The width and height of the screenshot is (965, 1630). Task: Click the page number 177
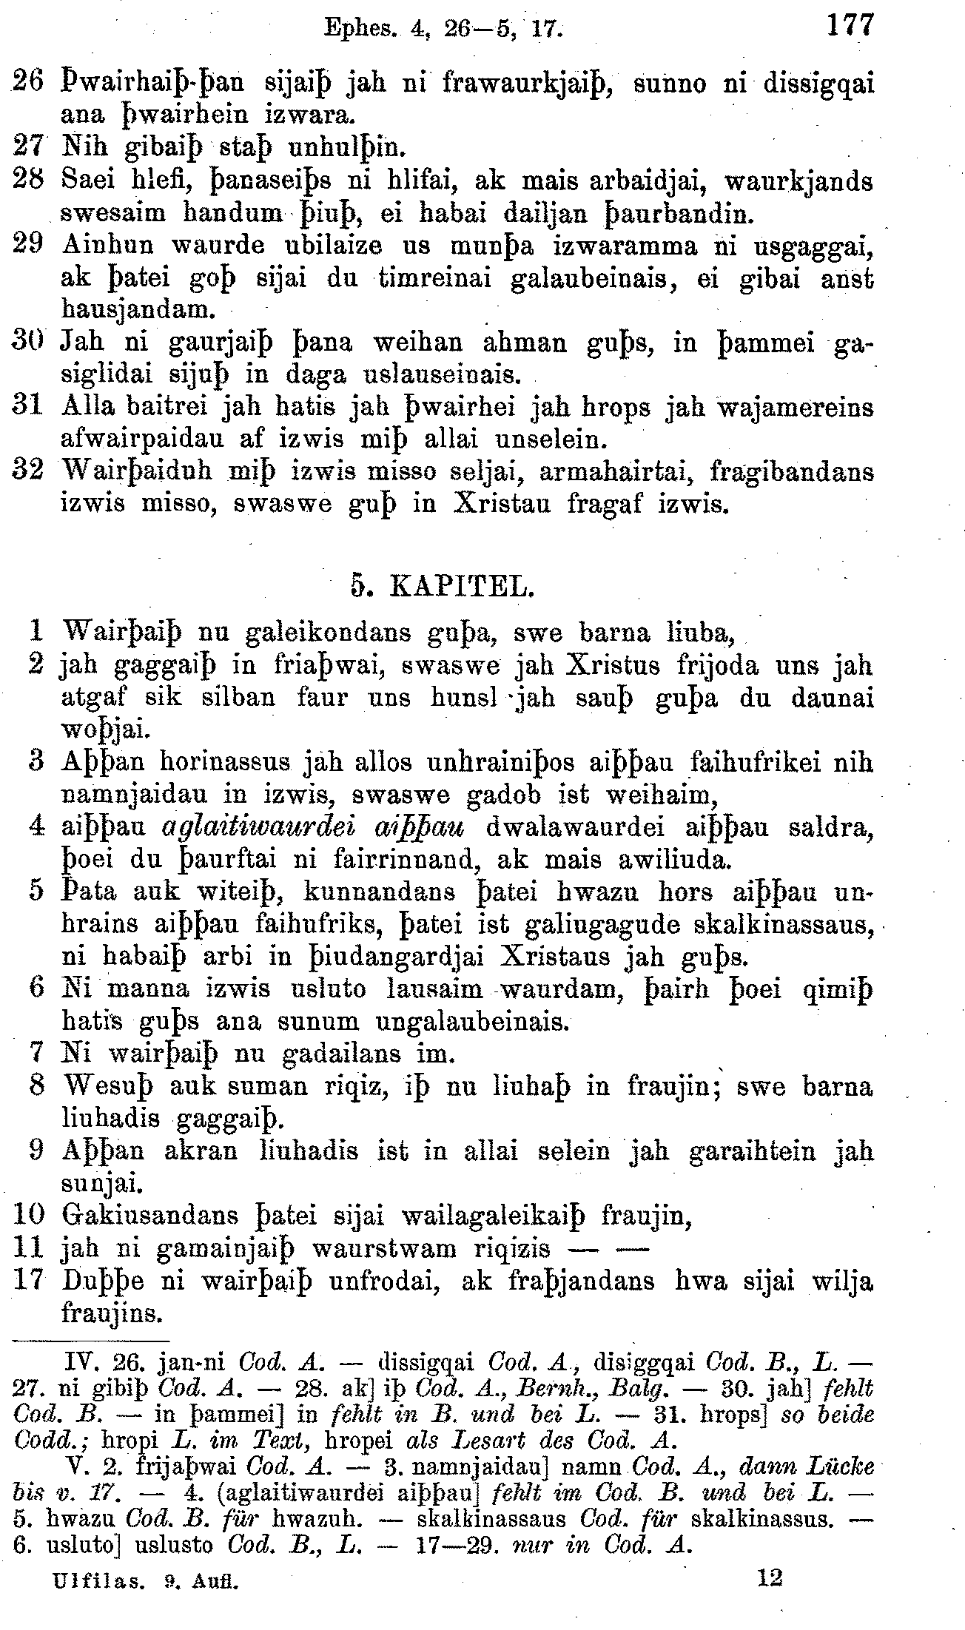tap(850, 25)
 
